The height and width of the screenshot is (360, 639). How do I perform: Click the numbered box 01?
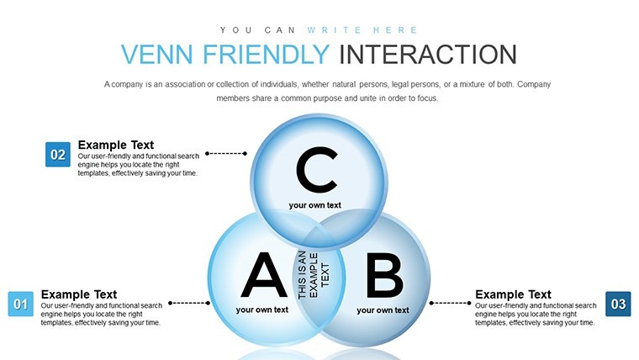pos(21,304)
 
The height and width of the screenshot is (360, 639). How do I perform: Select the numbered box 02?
pos(58,155)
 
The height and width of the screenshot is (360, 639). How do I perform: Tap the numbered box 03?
pos(618,304)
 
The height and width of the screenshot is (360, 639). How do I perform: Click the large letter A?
pos(264,275)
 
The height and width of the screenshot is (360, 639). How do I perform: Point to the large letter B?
pos(385,275)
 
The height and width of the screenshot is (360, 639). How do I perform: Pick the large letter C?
pos(317,170)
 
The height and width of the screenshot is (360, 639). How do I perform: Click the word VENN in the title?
pos(157,54)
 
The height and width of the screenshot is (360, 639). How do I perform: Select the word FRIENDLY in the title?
pos(267,54)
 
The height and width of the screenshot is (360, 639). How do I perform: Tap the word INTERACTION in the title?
pos(428,54)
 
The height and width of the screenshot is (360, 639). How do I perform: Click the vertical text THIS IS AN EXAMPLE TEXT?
pos(314,275)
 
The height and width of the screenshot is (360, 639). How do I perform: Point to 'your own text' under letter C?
pos(315,205)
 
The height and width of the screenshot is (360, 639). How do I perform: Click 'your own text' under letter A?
pos(262,310)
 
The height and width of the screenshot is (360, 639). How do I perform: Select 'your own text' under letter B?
pos(383,310)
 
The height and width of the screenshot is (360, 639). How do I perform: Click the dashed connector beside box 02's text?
pos(226,153)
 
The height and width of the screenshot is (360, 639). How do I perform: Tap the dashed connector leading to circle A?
pos(189,303)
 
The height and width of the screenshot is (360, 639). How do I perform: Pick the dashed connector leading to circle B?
pos(451,303)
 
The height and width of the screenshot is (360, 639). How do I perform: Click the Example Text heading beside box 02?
pos(116,145)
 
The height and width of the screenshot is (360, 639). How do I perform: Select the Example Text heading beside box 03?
pos(513,294)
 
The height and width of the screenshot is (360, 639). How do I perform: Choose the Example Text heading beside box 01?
pos(79,294)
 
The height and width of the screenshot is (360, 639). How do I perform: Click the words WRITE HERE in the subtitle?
pos(362,30)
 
